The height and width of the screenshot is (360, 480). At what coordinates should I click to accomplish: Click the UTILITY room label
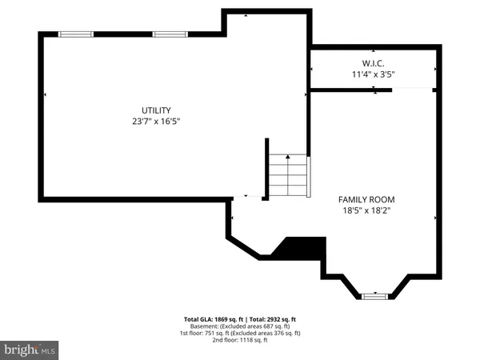[x=157, y=110]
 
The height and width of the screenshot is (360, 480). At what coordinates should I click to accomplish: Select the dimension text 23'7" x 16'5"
[x=157, y=122]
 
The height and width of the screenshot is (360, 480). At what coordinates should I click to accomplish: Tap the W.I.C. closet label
[x=374, y=62]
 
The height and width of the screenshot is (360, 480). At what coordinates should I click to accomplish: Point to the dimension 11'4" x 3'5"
[x=374, y=74]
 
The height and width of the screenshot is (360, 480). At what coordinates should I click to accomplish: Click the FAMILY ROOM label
[x=366, y=199]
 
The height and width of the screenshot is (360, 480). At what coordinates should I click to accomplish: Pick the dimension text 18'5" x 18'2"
[x=366, y=211]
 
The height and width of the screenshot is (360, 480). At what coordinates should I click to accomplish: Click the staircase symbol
[x=287, y=176]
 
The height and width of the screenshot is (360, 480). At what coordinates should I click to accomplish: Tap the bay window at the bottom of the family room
[x=374, y=296]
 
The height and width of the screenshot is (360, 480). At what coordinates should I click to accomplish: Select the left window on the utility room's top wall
[x=76, y=34]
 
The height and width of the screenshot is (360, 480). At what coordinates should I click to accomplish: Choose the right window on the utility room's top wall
[x=170, y=34]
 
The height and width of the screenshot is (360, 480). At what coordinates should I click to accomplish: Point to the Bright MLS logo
[x=30, y=350]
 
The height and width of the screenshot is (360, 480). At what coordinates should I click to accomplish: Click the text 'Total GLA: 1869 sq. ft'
[x=213, y=318]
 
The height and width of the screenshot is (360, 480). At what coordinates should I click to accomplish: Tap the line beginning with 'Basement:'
[x=240, y=326]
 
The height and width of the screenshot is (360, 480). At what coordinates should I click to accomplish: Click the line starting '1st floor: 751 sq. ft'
[x=240, y=333]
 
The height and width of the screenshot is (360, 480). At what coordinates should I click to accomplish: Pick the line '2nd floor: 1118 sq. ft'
[x=240, y=340]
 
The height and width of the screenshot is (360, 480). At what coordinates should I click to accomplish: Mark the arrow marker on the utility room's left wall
[x=44, y=95]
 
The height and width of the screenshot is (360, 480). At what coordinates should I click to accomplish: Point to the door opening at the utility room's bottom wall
[x=251, y=197]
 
